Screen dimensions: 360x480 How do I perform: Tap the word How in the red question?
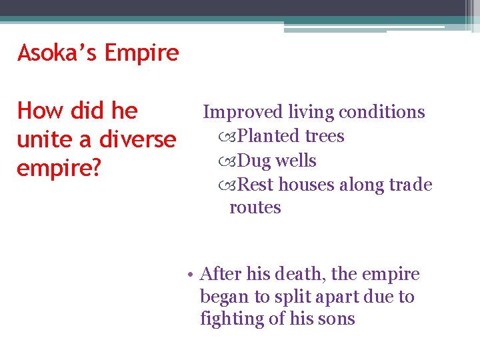(39, 111)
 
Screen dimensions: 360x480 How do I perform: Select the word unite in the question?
(43, 139)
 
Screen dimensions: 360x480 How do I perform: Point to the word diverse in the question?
(139, 139)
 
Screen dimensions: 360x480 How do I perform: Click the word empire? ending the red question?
(59, 169)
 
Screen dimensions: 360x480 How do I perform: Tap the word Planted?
(269, 136)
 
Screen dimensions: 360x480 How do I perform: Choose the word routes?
(255, 207)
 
